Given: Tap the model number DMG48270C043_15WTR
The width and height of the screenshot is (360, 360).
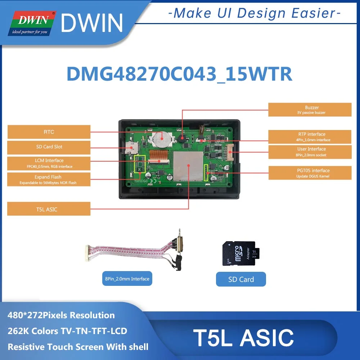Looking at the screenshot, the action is [179, 75].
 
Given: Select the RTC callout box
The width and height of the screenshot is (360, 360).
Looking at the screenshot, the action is [49, 132].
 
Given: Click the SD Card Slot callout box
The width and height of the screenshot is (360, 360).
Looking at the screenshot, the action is [49, 147].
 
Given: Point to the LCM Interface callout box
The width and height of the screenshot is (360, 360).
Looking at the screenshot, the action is [49, 163].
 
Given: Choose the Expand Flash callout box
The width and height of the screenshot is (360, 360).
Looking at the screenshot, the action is [49, 179].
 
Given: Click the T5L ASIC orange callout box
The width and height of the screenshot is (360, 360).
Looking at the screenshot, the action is [49, 209].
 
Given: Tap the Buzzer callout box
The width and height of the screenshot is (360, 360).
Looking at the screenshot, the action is [310, 110].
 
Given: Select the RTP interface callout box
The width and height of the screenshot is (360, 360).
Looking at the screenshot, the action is [310, 137].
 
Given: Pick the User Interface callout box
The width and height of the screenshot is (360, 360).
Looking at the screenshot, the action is [310, 152].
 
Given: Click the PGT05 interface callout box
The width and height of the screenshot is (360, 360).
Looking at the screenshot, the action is [310, 173].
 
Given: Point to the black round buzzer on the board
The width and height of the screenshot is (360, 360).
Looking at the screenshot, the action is [182, 138].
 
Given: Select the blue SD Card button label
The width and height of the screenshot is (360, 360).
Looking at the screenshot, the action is [241, 279].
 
